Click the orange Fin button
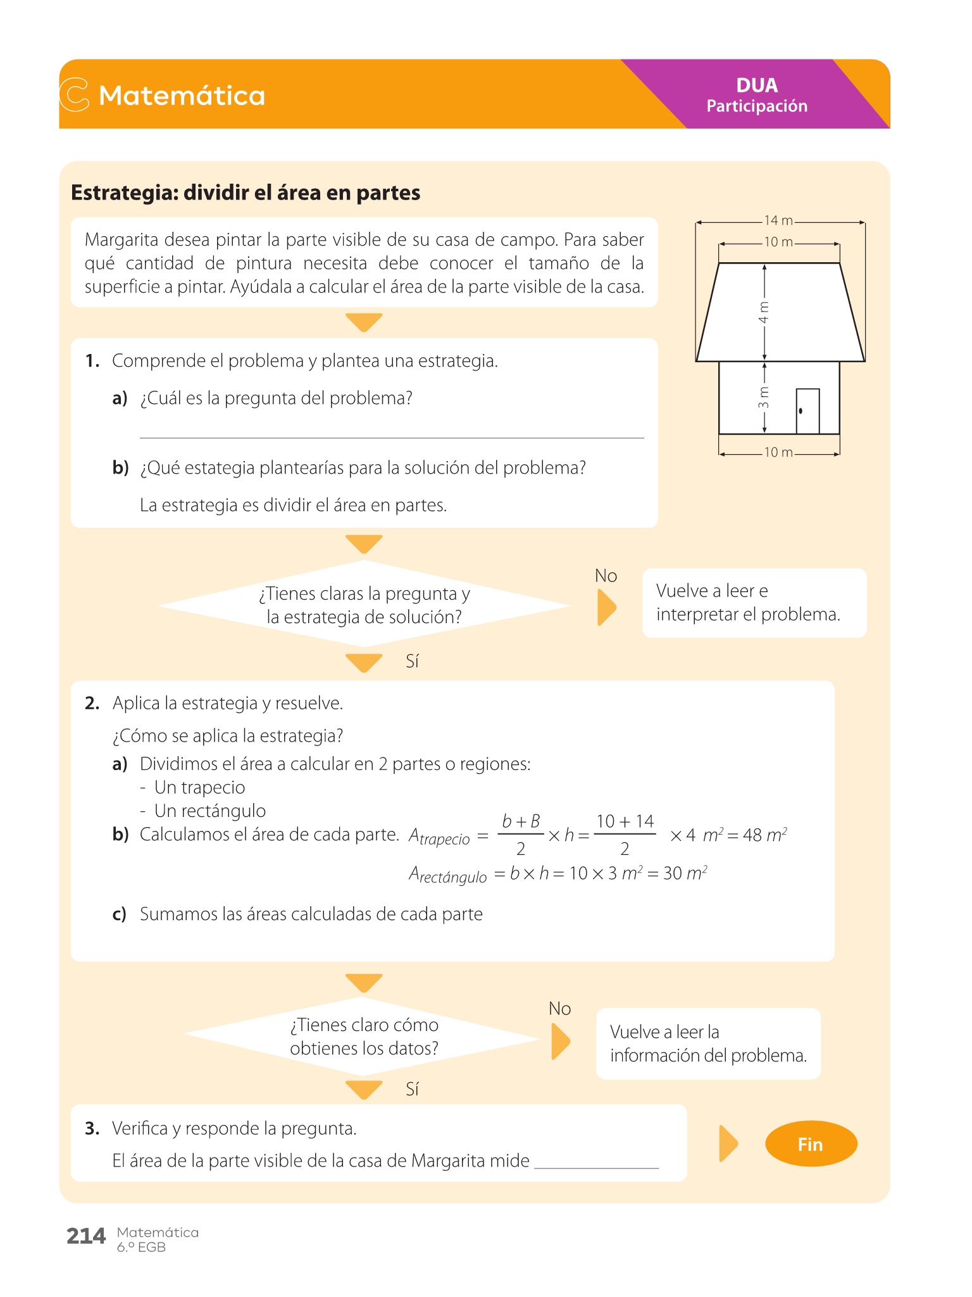pyautogui.click(x=811, y=1144)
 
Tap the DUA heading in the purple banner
pyautogui.click(x=757, y=85)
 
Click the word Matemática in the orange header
pyautogui.click(x=182, y=96)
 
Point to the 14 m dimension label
pyautogui.click(x=778, y=220)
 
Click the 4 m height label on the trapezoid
pyautogui.click(x=764, y=312)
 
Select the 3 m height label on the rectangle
pyautogui.click(x=764, y=397)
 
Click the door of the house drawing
pyautogui.click(x=807, y=411)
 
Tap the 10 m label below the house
pyautogui.click(x=778, y=453)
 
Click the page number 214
pyautogui.click(x=86, y=1236)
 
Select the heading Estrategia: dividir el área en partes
pyautogui.click(x=246, y=193)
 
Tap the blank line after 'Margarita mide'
pyautogui.click(x=596, y=1161)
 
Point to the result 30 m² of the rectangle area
pyautogui.click(x=685, y=873)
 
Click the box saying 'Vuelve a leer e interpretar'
pyautogui.click(x=754, y=603)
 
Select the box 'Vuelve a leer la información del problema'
pyautogui.click(x=707, y=1044)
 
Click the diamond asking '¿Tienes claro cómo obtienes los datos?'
pyautogui.click(x=363, y=1037)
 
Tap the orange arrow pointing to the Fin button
pyautogui.click(x=728, y=1144)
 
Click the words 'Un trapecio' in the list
pyautogui.click(x=199, y=787)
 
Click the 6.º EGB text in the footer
pyautogui.click(x=141, y=1247)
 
